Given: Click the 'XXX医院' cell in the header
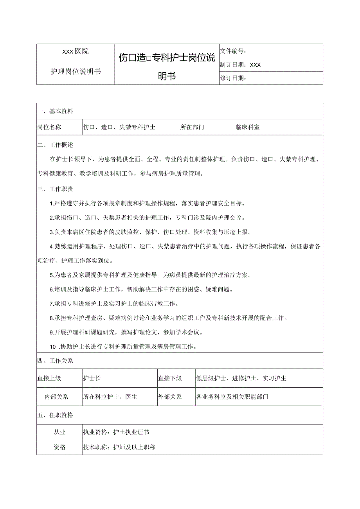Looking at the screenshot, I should point(76,51).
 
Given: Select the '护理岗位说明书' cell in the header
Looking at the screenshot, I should point(76,72).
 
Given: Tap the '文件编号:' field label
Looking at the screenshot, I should point(233,51).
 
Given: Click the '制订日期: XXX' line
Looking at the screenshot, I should point(240,65).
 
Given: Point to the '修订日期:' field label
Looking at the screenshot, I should point(233,78).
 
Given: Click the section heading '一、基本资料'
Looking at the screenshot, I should point(56,111).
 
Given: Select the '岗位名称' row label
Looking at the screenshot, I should point(49,127).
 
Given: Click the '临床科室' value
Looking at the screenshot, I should point(247,127).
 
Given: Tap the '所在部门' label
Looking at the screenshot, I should point(192,127).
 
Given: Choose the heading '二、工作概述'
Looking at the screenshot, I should point(56,145).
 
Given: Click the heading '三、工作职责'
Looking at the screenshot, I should point(56,189).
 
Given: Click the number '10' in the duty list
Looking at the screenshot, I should point(53,346).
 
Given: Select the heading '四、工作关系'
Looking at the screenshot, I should point(56,361).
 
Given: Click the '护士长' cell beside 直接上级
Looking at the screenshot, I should point(92,378).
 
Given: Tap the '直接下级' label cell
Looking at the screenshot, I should point(170,378).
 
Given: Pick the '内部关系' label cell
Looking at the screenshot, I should point(57,397).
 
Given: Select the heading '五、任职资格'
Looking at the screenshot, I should point(56,415).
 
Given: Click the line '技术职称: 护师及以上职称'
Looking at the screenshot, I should point(119,447).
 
